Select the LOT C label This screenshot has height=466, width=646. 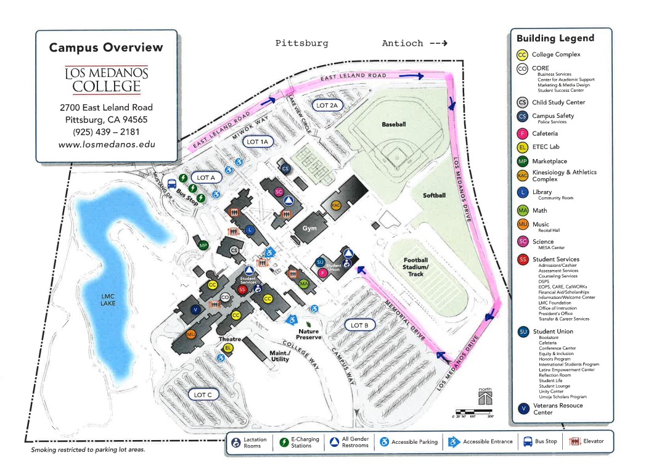pos(203,394)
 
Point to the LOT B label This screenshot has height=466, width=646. pos(359,325)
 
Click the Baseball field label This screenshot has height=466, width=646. pos(394,125)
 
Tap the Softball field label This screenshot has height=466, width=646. pos(434,195)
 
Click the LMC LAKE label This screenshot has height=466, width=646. pos(108,299)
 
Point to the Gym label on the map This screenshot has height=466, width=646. pos(309,229)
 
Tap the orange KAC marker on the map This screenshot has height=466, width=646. pos(336,205)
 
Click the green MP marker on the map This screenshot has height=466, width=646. pos(203,245)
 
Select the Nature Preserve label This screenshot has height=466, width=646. pos(309,333)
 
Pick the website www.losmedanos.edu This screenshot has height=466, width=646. pos(106,145)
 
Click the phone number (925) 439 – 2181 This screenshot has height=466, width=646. pos(106,132)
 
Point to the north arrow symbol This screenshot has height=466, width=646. pos(486,396)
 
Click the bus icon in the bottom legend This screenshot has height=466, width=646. pos(528,441)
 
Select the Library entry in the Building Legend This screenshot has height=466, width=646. pos(543,192)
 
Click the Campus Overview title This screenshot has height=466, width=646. pos(106,47)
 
